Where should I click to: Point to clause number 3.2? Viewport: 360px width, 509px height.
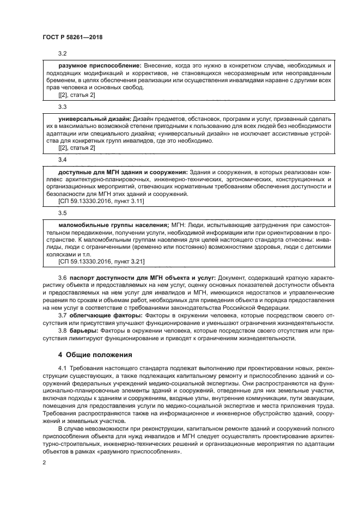click(x=62, y=54)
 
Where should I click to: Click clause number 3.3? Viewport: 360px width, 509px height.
click(x=62, y=107)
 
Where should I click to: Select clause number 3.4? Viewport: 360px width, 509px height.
click(x=62, y=160)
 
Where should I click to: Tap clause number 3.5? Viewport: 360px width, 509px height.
click(x=62, y=213)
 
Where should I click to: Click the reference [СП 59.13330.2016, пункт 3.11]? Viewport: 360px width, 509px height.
click(x=101, y=201)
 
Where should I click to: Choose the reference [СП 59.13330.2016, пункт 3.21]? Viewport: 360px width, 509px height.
click(x=101, y=262)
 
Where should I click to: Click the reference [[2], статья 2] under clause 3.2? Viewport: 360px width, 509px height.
click(x=76, y=95)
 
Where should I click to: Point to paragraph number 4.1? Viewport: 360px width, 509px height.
click(x=62, y=369)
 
